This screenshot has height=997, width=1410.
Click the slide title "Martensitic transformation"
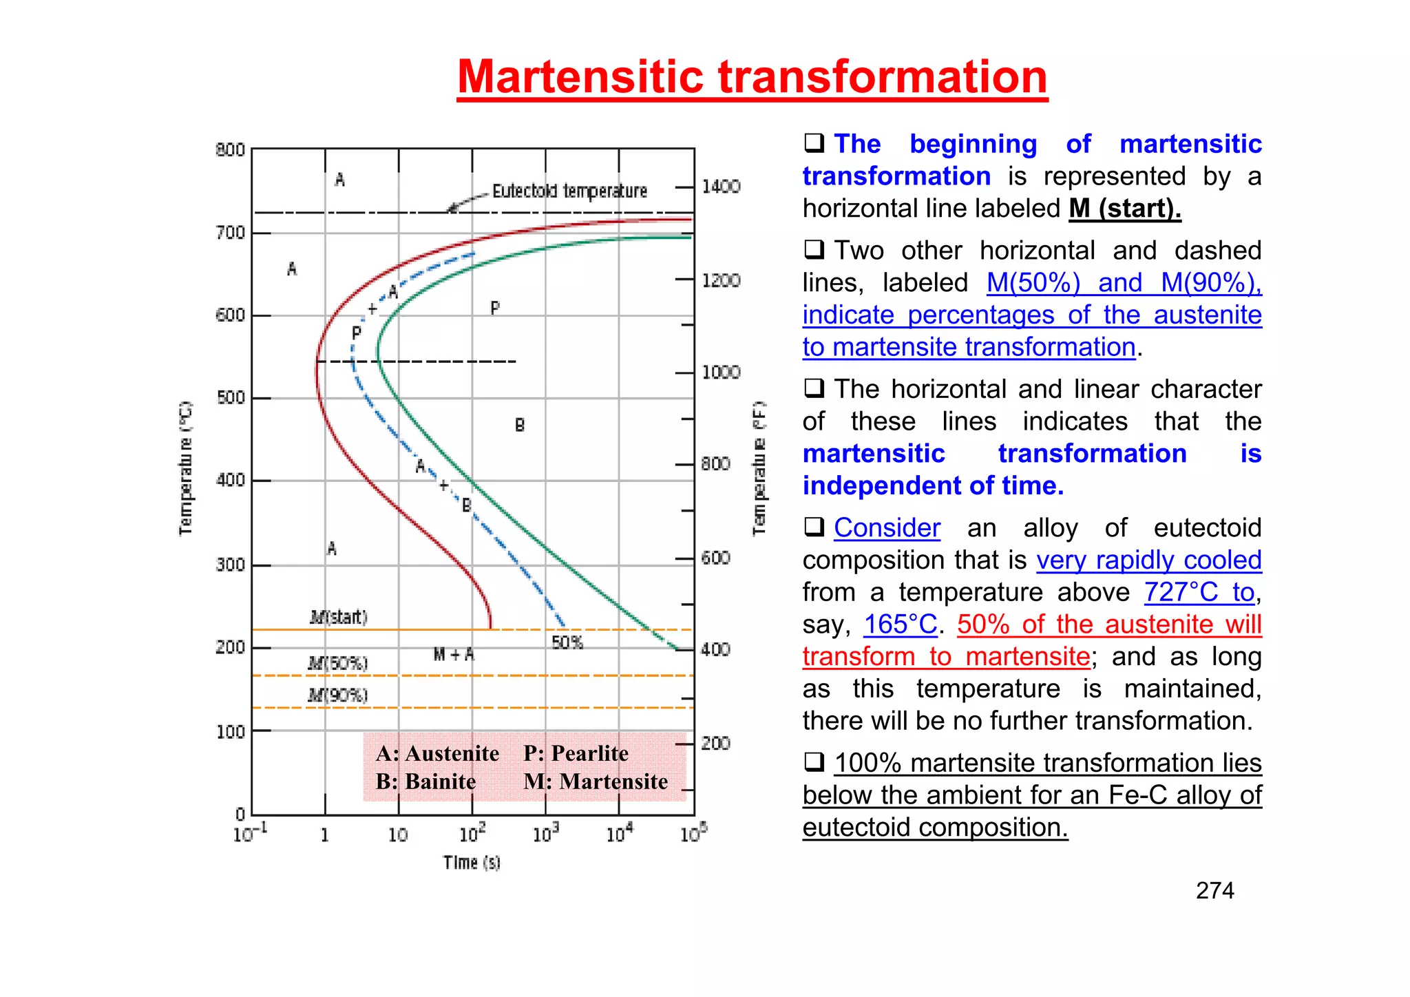coord(752,76)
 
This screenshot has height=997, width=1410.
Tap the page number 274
coord(1214,890)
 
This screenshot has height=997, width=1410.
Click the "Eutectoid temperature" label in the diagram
coord(569,191)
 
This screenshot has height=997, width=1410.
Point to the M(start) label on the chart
coord(339,617)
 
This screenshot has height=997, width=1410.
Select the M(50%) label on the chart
coord(338,663)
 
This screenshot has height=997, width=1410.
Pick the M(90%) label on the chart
coord(338,695)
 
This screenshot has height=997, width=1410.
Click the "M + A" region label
coord(454,654)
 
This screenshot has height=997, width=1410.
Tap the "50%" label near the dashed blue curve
coord(567,642)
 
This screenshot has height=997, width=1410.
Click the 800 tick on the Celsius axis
coord(231,150)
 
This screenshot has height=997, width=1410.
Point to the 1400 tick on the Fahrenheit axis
coord(721,187)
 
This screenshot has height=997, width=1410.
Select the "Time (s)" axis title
coord(472,862)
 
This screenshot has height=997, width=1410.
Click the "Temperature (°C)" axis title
coord(185,468)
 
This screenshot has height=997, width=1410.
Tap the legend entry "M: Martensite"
coord(596,781)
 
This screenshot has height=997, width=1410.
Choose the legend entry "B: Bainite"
coord(425,781)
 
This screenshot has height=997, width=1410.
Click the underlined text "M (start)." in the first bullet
coord(1124,209)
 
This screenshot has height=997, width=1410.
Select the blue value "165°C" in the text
coord(900,625)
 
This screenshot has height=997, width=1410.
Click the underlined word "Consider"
coord(887,528)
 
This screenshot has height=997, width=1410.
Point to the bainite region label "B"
coord(520,426)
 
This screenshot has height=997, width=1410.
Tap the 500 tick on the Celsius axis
coord(231,398)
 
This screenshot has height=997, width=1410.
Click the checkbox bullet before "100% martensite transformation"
coord(814,762)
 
